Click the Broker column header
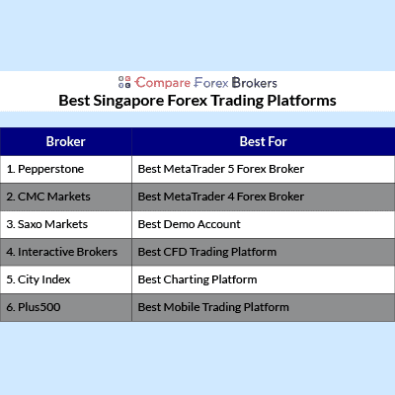(66, 141)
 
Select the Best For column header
(264, 141)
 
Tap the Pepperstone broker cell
(66, 169)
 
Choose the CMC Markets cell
(66, 197)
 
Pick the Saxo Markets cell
(66, 224)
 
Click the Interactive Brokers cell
(66, 252)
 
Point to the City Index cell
(66, 279)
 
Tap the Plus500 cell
(66, 307)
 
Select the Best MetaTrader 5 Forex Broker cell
(264, 169)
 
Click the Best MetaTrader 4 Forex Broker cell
(264, 197)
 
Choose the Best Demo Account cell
(264, 224)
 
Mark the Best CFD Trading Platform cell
(264, 252)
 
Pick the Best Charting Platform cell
(264, 279)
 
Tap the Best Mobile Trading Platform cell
(264, 307)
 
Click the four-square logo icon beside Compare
(124, 82)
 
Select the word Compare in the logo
(163, 83)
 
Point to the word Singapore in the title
(128, 101)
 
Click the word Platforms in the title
(301, 101)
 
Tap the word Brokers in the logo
(255, 83)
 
